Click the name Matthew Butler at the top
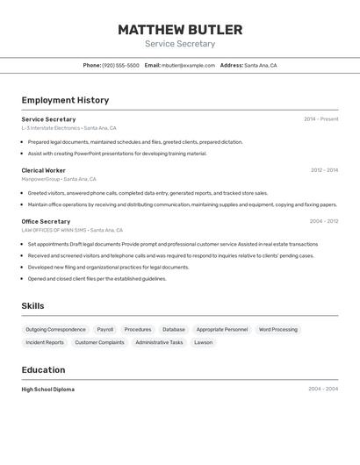click(x=180, y=30)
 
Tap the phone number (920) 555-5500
click(x=120, y=65)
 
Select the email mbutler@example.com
click(x=188, y=65)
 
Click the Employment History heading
click(x=65, y=100)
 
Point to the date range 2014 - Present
click(x=320, y=119)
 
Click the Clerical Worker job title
click(x=43, y=170)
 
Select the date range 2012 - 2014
click(x=324, y=170)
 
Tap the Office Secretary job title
click(x=46, y=221)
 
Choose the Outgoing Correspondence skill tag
click(x=55, y=329)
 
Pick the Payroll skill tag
click(x=104, y=329)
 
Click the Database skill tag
click(x=173, y=329)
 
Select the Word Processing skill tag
click(x=277, y=329)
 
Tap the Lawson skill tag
click(x=203, y=342)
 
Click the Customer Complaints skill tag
click(x=99, y=342)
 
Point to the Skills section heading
click(x=33, y=305)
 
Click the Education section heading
click(x=43, y=369)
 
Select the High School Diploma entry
click(x=47, y=389)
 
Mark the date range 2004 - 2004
click(x=322, y=389)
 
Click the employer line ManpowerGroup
click(x=40, y=179)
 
